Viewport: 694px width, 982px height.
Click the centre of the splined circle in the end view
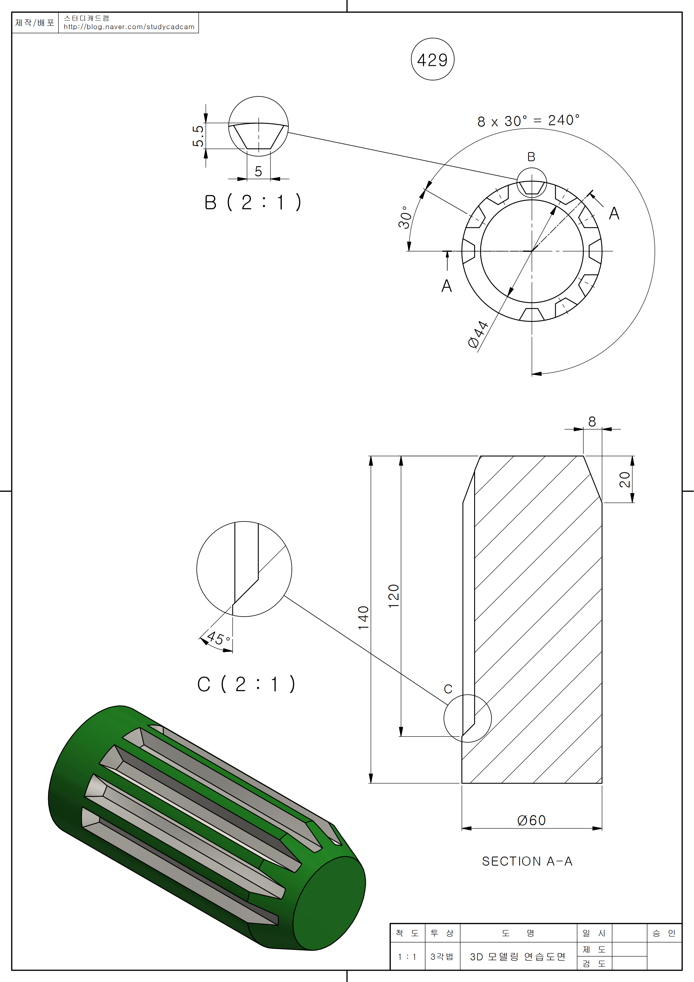[532, 251]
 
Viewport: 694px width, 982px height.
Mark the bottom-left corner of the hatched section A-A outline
[462, 783]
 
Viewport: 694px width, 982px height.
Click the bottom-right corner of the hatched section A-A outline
[602, 783]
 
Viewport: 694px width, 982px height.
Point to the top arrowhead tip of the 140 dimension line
[371, 456]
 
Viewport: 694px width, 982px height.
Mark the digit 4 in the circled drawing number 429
[422, 60]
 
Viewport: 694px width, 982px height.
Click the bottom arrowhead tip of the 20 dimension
[632, 503]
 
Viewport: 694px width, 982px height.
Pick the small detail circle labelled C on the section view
[468, 718]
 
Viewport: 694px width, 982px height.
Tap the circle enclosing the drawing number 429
[433, 59]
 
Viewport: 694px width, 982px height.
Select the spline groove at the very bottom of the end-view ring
[532, 314]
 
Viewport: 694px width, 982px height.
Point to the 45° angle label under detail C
[218, 638]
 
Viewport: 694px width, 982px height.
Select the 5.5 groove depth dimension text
[198, 136]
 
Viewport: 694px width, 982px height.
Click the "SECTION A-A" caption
[527, 861]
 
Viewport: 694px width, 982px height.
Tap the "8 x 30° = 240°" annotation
[528, 121]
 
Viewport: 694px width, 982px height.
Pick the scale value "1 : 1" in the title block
[407, 957]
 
